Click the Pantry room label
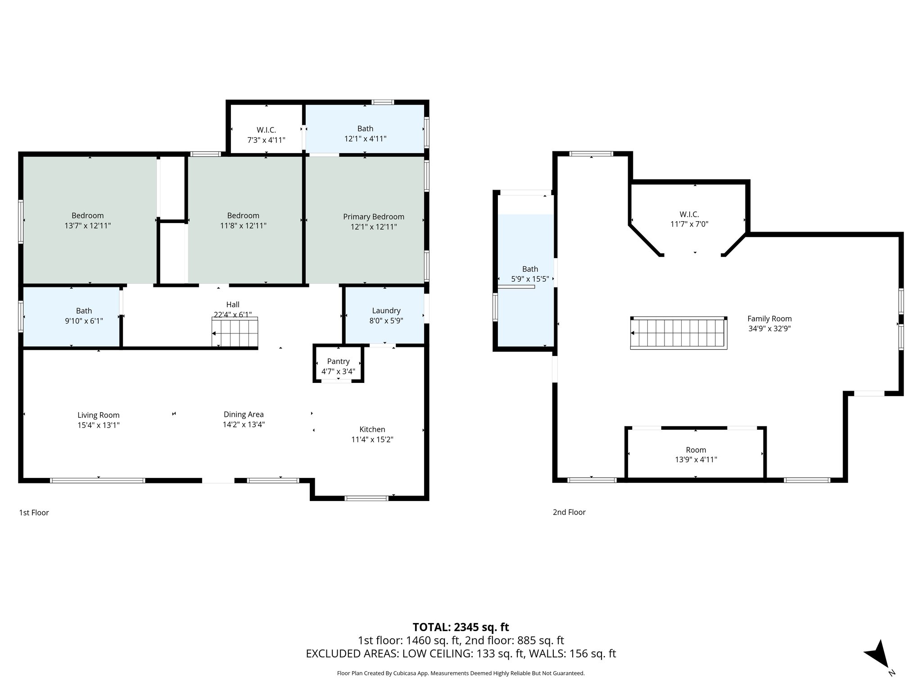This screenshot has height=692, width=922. (x=338, y=361)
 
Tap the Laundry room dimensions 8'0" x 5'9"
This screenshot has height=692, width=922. (x=386, y=321)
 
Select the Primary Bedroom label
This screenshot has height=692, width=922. (x=373, y=217)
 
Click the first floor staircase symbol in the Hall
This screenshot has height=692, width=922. (x=235, y=332)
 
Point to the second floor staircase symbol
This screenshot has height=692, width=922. (x=678, y=333)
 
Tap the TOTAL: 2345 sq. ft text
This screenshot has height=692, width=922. (x=461, y=627)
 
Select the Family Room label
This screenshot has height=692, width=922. (x=769, y=319)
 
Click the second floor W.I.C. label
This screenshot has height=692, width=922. (x=689, y=214)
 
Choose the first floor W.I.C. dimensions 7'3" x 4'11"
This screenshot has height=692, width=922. (x=266, y=140)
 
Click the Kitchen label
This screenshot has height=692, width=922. (x=372, y=429)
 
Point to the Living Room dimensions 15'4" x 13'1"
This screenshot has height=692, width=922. (x=99, y=425)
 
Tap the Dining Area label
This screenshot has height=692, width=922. (x=244, y=414)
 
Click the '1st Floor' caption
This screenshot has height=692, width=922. (x=34, y=512)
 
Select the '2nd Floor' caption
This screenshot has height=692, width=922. (x=569, y=512)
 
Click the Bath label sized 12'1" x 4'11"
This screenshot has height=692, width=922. (x=365, y=129)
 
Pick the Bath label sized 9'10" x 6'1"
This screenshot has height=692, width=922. (x=84, y=311)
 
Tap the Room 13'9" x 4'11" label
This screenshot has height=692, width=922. (x=696, y=450)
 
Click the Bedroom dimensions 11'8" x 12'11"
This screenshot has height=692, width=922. (x=243, y=226)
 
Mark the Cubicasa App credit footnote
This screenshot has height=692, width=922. (x=461, y=674)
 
